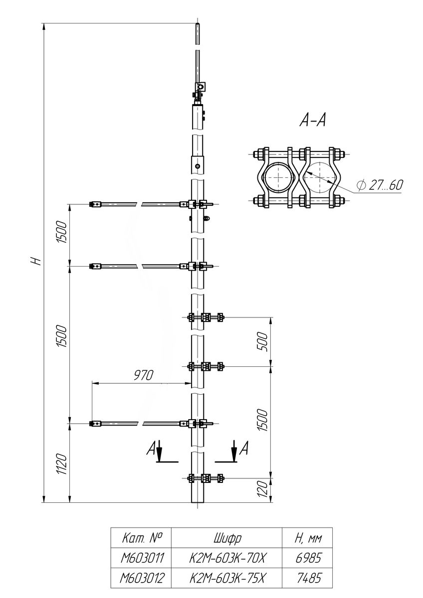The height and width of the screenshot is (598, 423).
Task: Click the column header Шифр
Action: (x=227, y=538)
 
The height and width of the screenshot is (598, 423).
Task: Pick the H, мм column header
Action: (x=308, y=538)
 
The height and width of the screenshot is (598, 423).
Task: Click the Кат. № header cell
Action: (x=141, y=538)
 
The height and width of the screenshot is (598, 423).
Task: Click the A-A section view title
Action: (x=313, y=120)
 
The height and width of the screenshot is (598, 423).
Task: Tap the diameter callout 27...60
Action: (x=380, y=185)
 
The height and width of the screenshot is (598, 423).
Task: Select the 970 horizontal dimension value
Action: (x=144, y=375)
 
